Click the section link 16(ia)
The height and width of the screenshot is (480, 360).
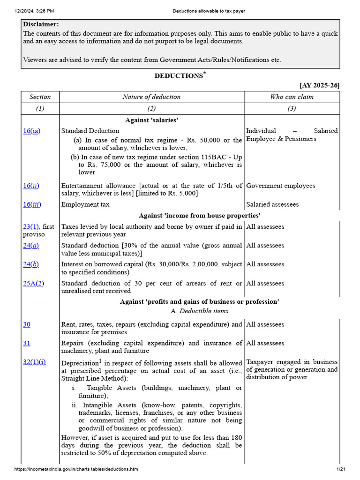[x=32, y=131]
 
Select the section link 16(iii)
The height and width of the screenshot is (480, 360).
[x=32, y=204]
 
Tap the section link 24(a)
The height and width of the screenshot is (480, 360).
[x=31, y=246]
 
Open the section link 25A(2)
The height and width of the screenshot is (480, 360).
[x=33, y=284]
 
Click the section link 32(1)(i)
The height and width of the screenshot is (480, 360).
[x=35, y=362]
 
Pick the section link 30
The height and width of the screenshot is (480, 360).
[x=27, y=324]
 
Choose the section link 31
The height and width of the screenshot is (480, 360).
[x=27, y=343]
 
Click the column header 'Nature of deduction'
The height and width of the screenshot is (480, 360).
[x=151, y=97]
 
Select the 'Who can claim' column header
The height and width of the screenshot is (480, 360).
[x=292, y=97]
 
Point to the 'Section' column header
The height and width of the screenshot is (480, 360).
[x=40, y=97]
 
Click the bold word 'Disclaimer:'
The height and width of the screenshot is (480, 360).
[x=41, y=24]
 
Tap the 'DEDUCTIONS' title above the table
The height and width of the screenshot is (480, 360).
[x=179, y=76]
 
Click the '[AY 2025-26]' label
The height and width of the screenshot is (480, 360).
[x=320, y=85]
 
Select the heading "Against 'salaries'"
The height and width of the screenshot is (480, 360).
[x=151, y=120]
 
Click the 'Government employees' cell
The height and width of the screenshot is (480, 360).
[x=281, y=186]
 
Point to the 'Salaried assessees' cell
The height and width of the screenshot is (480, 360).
[x=272, y=205]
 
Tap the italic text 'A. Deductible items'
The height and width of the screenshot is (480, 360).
[x=200, y=311]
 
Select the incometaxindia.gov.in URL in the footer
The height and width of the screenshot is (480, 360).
[x=76, y=469]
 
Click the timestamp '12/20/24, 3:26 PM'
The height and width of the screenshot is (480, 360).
[x=34, y=11]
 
